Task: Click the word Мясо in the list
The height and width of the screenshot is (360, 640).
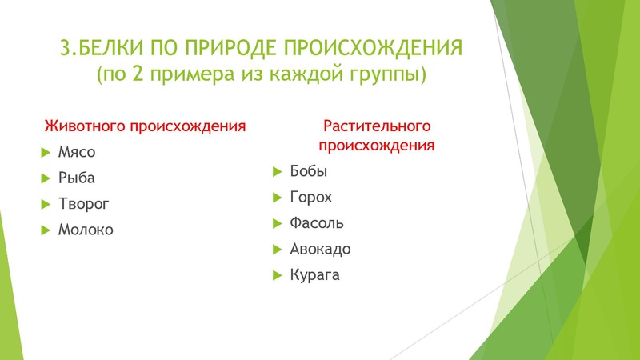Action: click(x=76, y=152)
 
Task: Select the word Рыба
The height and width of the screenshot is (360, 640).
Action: click(x=76, y=178)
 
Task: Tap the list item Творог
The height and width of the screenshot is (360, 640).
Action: click(x=84, y=204)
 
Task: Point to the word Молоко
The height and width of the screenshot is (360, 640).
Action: click(x=86, y=230)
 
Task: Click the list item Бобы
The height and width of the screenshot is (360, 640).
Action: click(x=309, y=171)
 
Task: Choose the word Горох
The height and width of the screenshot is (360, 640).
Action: click(x=310, y=198)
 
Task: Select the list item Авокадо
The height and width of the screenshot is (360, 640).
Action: click(x=320, y=250)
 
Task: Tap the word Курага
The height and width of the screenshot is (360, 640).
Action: click(x=315, y=276)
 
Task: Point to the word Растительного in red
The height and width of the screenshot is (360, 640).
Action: click(x=378, y=126)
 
